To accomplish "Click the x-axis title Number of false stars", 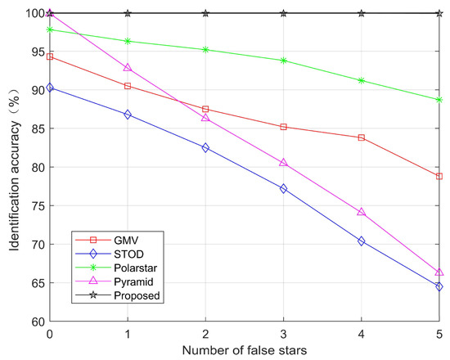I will click(245, 350).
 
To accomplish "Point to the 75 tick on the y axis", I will click(36, 206).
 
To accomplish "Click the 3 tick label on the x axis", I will click(283, 335).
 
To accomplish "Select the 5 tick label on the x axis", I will click(439, 335).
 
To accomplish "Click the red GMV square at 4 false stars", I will click(362, 137).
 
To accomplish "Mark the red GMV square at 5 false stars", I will click(439, 176).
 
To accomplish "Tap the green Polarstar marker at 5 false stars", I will click(439, 100).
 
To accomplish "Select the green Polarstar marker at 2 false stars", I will click(205, 49).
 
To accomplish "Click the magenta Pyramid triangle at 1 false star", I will click(128, 68).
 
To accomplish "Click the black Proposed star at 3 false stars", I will click(283, 13).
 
